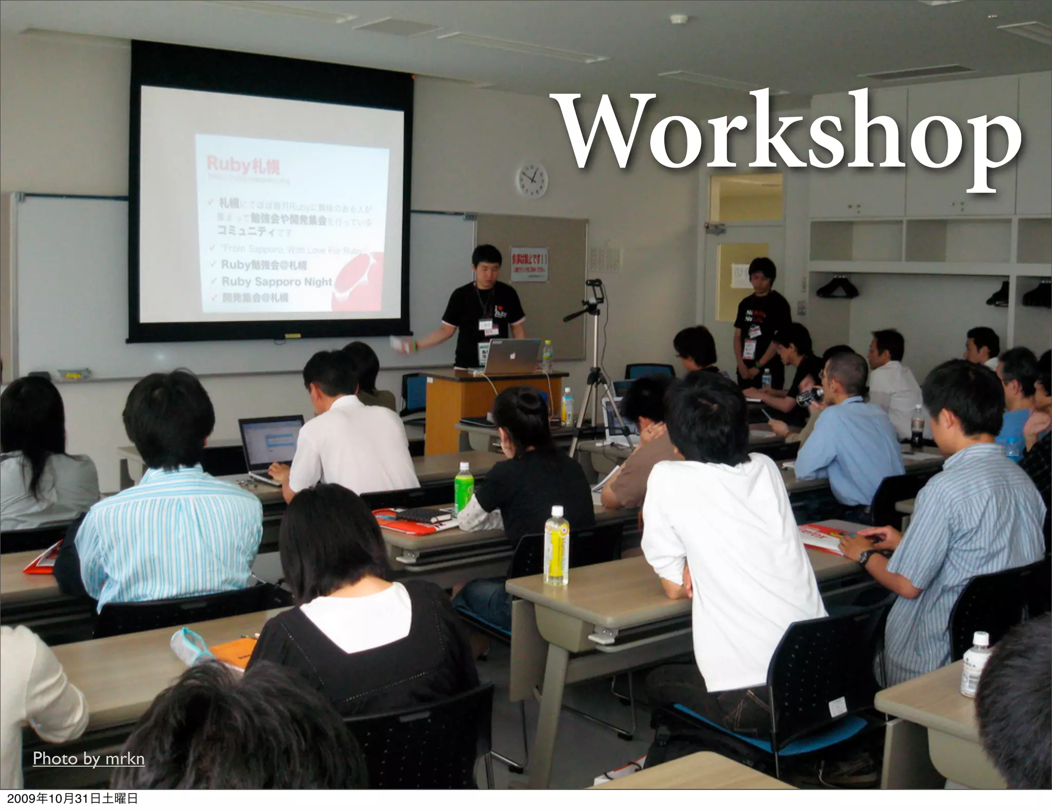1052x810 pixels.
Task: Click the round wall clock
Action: click(x=532, y=180)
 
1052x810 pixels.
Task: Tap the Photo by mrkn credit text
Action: click(x=88, y=759)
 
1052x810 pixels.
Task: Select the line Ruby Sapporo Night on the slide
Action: click(x=276, y=282)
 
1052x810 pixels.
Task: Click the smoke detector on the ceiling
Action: click(x=679, y=19)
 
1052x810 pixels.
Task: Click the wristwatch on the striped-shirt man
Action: click(x=868, y=556)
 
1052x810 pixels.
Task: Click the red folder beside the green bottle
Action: click(x=411, y=522)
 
